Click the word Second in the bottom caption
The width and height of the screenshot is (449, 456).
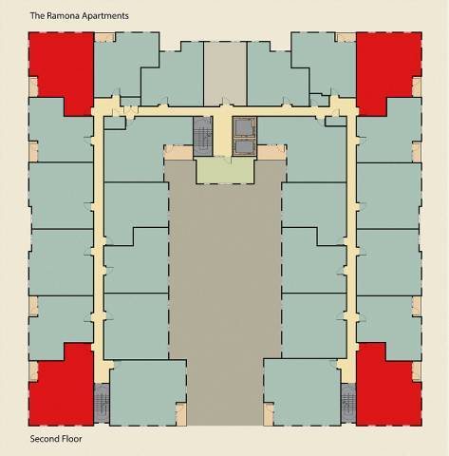44,440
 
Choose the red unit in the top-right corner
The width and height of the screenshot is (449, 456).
388,68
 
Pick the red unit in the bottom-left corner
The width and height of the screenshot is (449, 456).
59,389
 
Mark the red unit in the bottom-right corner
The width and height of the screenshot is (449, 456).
388,389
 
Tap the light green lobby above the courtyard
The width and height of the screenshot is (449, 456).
224,171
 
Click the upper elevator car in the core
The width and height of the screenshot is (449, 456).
246,127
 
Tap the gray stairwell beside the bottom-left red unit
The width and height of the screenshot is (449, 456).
102,404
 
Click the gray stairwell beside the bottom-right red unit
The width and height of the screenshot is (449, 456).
347,404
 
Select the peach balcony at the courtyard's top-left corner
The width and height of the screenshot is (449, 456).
178,152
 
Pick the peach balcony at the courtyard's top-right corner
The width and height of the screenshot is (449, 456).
271,152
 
